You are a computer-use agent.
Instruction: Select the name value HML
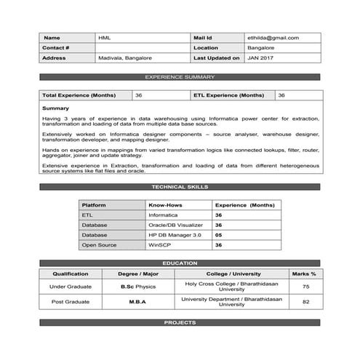[x=105, y=37]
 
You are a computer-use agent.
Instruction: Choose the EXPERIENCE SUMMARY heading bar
[x=180, y=76]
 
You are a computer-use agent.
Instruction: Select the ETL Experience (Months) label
[x=229, y=95]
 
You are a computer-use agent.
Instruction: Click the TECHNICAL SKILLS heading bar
[x=180, y=187]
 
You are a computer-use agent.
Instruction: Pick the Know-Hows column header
[x=164, y=206]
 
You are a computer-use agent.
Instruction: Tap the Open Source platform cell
[x=98, y=246]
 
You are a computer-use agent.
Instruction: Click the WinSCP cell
[x=159, y=246]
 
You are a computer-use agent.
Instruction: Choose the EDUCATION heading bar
[x=180, y=263]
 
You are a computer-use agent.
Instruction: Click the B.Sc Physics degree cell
[x=138, y=287]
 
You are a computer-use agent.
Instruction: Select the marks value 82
[x=305, y=301]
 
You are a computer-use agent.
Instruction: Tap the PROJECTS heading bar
[x=180, y=322]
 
